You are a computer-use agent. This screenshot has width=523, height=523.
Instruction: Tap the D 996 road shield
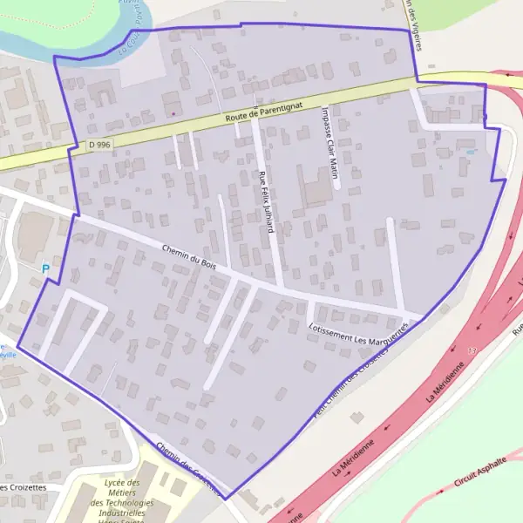(x=100, y=145)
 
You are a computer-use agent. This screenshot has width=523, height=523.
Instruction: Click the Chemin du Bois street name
(x=188, y=256)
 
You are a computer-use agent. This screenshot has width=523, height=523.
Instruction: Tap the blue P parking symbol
(x=45, y=269)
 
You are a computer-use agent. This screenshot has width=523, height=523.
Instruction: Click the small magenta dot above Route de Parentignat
(x=173, y=112)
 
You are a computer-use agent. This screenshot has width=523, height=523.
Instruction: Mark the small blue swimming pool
(x=471, y=151)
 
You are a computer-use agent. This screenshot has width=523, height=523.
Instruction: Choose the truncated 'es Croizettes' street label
(x=22, y=487)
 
